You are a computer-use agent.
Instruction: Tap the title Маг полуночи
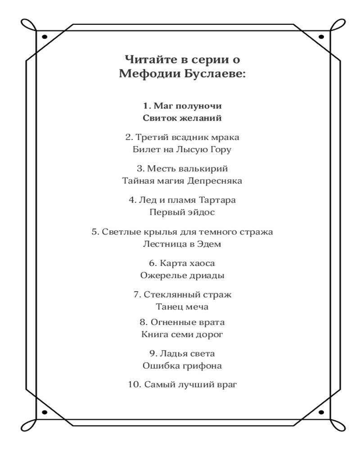point(188,107)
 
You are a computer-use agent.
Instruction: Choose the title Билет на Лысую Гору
point(182,149)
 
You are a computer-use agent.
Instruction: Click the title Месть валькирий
point(187,169)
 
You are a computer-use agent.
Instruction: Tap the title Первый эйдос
point(182,212)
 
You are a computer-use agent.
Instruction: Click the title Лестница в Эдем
point(182,244)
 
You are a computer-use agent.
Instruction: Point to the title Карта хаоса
point(187,263)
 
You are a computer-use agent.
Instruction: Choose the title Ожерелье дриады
point(182,275)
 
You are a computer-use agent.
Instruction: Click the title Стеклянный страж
point(187,295)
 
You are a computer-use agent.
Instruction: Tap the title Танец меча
point(182,307)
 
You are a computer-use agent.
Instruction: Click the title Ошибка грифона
point(182,366)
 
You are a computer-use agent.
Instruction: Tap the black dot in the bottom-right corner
point(321,412)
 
